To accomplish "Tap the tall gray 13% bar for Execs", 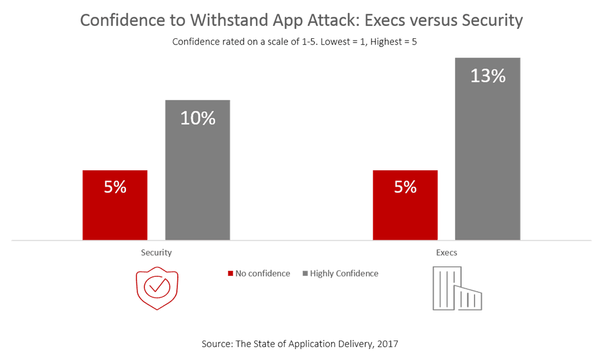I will pos(488,159).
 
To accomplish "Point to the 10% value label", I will pos(198,118).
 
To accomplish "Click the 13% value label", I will pos(488,76).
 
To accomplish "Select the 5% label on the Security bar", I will pos(115,187).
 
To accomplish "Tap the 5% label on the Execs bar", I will pos(405,187).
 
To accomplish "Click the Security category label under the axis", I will pos(156,253).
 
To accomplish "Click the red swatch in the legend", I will pos(231,274).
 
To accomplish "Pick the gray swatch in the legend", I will pos(304,274).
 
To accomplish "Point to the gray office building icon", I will pos(458,288).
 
